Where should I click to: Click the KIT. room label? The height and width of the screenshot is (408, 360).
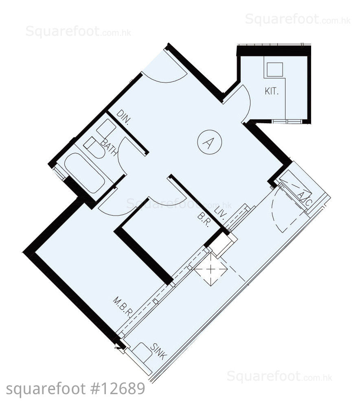coord(272,92)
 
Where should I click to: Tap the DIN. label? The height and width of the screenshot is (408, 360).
coord(123,117)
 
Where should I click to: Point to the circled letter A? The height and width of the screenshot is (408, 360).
coord(209,142)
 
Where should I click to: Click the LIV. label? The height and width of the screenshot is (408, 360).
coord(220,214)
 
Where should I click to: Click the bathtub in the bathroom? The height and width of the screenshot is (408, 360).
coord(84,173)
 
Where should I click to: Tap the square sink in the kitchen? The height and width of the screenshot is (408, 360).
coord(275,70)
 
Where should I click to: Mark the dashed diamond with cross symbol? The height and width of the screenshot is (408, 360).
coord(211,269)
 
